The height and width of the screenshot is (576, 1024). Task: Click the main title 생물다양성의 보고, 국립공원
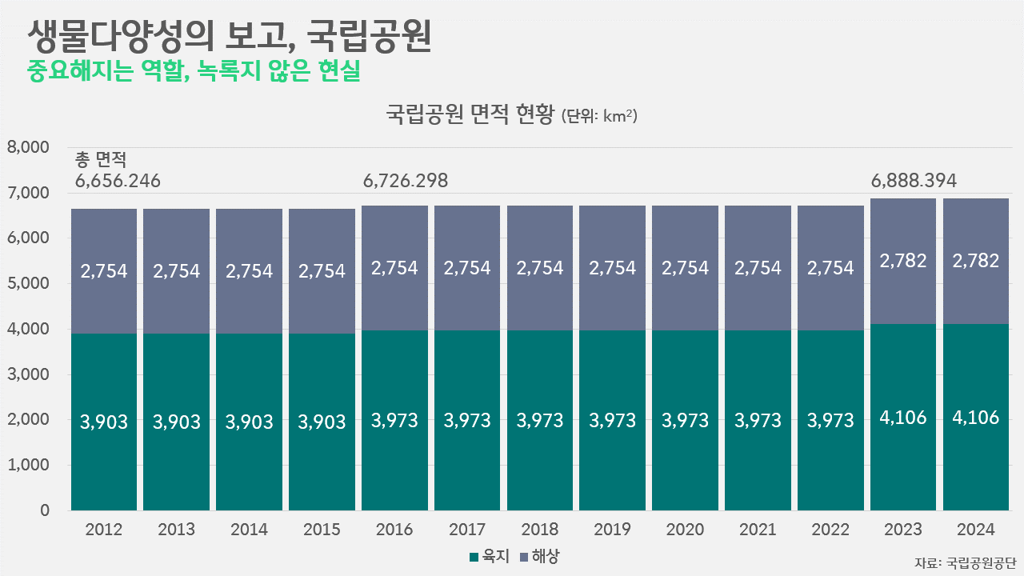click(229, 37)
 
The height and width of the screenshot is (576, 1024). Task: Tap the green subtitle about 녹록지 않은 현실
click(194, 72)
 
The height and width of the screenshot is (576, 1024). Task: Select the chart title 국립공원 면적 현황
click(470, 115)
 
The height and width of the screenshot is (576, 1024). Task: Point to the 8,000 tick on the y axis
click(28, 148)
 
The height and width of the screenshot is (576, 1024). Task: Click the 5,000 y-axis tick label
click(28, 284)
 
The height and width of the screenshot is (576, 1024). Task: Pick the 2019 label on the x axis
click(612, 530)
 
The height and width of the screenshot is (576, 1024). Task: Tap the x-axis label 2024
click(975, 530)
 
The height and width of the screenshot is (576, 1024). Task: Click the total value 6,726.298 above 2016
click(406, 181)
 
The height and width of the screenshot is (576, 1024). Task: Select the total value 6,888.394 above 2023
click(914, 181)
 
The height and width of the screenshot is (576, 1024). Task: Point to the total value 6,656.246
click(118, 181)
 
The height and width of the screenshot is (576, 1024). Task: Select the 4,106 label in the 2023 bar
click(902, 417)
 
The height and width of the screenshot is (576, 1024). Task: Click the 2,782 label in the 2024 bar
click(975, 261)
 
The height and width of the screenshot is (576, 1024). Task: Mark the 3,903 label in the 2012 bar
click(104, 422)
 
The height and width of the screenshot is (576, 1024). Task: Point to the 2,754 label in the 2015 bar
click(322, 270)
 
